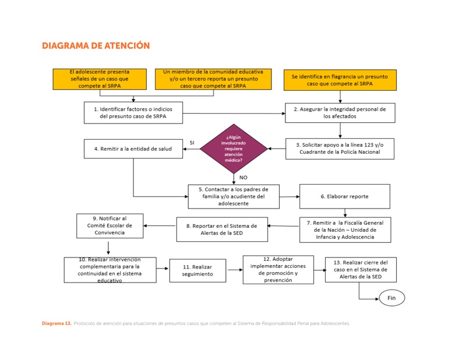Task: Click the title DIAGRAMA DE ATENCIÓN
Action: [96, 45]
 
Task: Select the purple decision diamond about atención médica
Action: [234, 149]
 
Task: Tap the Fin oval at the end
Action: [391, 298]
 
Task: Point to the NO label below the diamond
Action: [243, 177]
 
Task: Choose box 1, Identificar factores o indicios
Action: [133, 112]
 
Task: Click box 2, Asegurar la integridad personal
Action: [340, 112]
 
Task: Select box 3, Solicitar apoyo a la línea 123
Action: [340, 148]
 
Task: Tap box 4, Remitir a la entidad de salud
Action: [133, 149]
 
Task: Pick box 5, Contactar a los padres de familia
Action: [234, 196]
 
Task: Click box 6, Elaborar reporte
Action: [344, 196]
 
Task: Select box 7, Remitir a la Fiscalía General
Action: [345, 230]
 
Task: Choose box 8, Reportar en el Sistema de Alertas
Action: [222, 229]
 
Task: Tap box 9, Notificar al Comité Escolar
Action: [110, 225]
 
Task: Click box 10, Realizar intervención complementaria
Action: [110, 270]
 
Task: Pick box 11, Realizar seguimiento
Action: [197, 270]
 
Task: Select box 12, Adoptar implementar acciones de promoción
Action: [278, 269]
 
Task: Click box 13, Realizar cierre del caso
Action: [361, 270]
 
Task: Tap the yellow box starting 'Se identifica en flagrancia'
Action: [340, 80]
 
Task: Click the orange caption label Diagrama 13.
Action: [57, 323]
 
